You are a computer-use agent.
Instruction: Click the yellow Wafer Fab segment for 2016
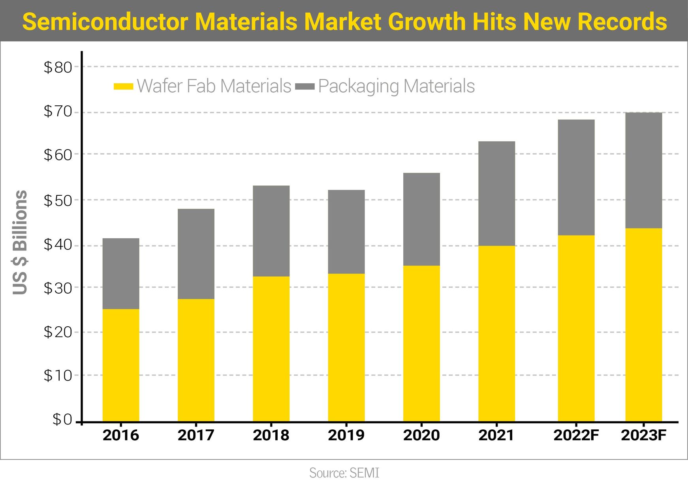[121, 365]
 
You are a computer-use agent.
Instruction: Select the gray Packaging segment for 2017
[196, 254]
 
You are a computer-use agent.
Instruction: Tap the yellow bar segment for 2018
[271, 349]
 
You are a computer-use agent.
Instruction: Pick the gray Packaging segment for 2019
[346, 232]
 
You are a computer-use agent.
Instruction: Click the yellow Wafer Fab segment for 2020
[421, 343]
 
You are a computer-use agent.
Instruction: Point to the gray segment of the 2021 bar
[496, 193]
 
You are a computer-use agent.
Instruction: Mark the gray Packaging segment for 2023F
[643, 170]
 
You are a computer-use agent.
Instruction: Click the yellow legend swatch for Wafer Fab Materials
[123, 86]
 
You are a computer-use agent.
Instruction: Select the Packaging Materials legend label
[396, 86]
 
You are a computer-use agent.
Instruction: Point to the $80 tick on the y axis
[58, 67]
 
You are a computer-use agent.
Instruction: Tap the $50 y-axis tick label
[58, 200]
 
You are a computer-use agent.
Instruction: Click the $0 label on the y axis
[62, 419]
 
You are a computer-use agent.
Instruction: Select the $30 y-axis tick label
[58, 288]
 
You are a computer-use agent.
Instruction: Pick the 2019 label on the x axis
[346, 435]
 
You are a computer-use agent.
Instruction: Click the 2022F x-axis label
[576, 435]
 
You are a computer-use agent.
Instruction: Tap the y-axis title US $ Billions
[20, 242]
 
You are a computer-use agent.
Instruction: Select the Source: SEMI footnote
[344, 473]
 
